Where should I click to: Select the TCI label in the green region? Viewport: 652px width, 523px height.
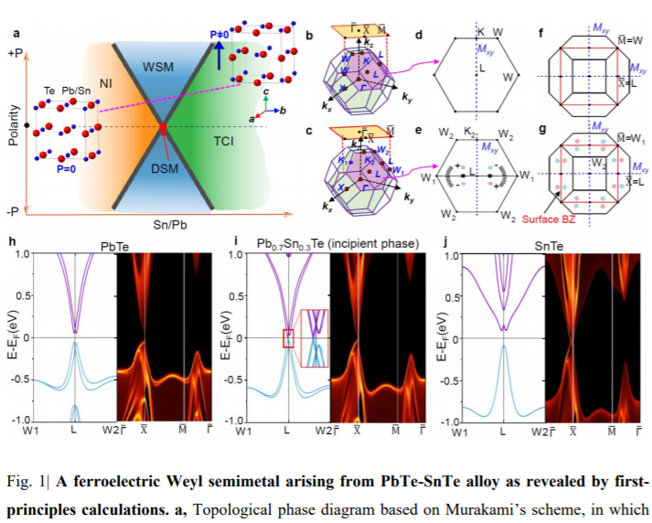pyautogui.click(x=221, y=142)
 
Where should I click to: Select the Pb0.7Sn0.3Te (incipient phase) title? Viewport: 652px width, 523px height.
pyautogui.click(x=325, y=246)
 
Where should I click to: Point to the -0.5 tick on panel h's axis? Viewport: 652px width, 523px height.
pyautogui.click(x=17, y=379)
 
